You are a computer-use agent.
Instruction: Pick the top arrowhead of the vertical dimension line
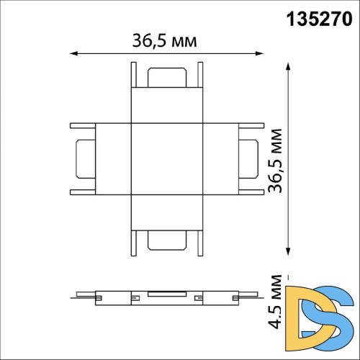click(x=288, y=67)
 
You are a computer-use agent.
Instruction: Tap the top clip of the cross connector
click(x=165, y=75)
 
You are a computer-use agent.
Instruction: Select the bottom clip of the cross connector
click(x=165, y=242)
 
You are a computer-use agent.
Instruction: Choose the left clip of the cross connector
click(x=84, y=159)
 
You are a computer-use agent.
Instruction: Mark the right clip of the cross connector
click(x=248, y=159)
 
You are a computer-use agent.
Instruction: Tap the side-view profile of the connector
click(x=165, y=295)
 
